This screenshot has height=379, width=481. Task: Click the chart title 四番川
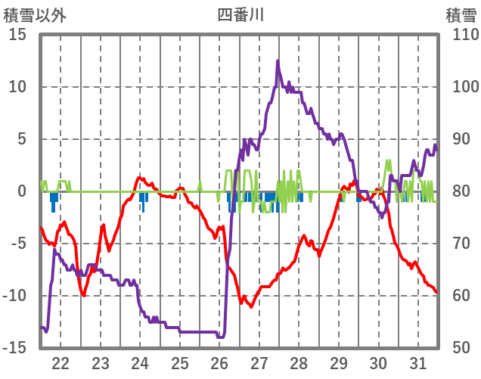coord(240,14)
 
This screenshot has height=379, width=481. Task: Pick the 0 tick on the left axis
coord(23,191)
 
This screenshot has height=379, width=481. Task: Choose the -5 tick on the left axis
coord(19,244)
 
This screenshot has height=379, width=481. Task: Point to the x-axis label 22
coord(61,362)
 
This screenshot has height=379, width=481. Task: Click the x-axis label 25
coord(180,362)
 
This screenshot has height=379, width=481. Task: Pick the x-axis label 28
coord(299,362)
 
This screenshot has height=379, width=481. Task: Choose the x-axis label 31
coord(418,362)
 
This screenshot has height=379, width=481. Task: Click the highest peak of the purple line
coord(278,61)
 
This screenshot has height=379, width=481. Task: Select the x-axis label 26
coord(219,362)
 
